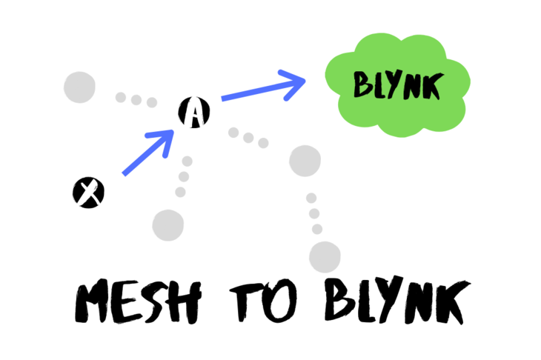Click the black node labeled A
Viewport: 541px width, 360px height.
click(194, 113)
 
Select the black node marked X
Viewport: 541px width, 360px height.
click(88, 193)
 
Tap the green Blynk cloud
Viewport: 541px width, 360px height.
click(397, 85)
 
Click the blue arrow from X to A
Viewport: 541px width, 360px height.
click(148, 153)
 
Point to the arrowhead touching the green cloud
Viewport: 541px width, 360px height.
click(293, 84)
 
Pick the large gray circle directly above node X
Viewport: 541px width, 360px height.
click(80, 87)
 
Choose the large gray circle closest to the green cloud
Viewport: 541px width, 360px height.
click(305, 161)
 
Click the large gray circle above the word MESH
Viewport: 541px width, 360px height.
click(168, 225)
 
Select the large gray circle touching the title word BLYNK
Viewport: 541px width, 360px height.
click(325, 257)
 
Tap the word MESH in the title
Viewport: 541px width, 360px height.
click(138, 301)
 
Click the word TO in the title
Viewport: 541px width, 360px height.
click(264, 301)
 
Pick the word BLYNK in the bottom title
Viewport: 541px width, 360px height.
click(397, 300)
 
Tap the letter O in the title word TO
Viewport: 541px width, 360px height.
click(280, 301)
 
